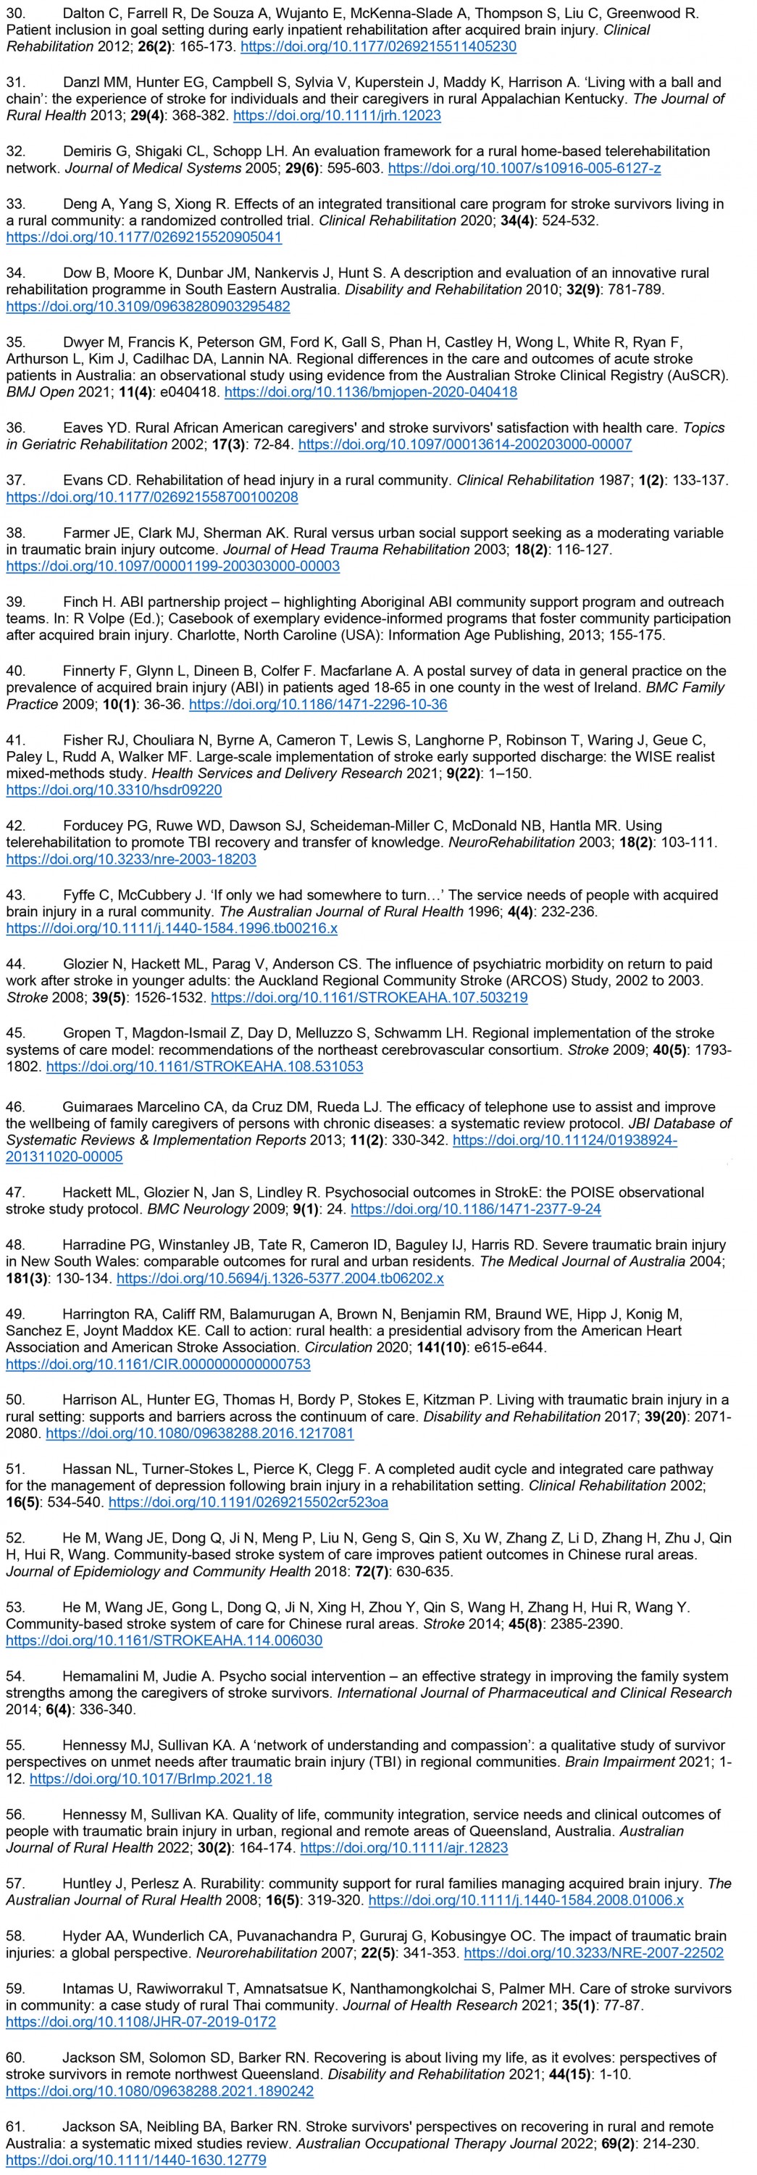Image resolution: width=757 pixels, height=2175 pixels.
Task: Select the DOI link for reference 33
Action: tap(143, 237)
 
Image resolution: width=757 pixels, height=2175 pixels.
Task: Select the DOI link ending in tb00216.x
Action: tap(171, 929)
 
